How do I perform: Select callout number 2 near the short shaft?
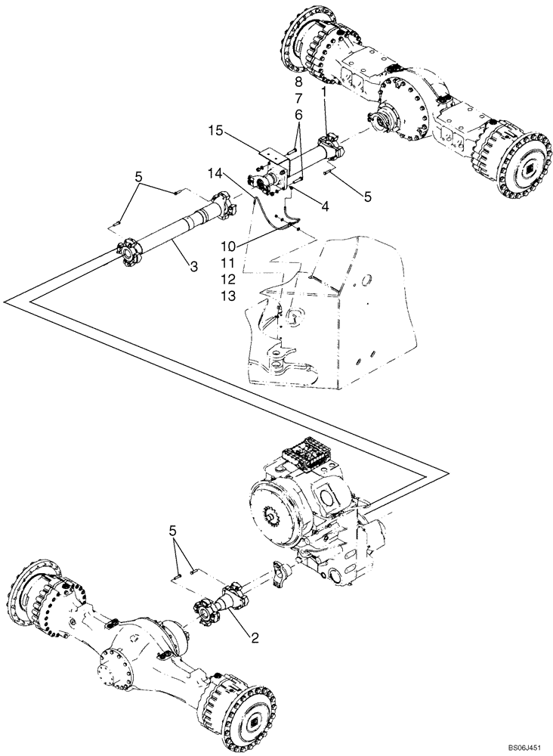(255, 637)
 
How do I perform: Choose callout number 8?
(299, 82)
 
